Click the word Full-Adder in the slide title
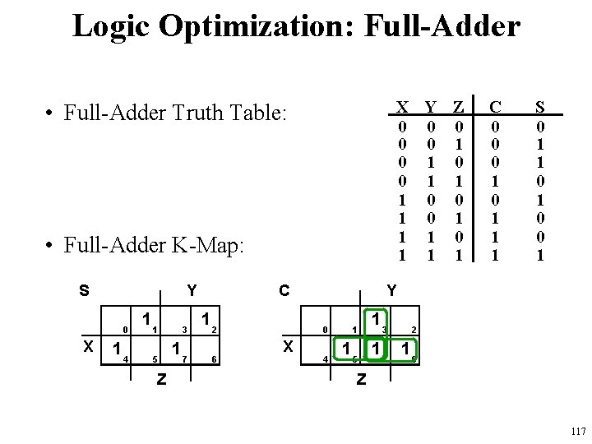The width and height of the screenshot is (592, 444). point(445,25)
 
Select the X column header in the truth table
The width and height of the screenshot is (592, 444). point(402,108)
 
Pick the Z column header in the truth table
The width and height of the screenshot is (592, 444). point(459,108)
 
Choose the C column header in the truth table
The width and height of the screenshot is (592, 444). point(495,108)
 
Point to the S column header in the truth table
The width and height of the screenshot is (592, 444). point(539,108)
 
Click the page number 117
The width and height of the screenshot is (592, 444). point(577,431)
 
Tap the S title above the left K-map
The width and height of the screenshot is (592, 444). point(85,290)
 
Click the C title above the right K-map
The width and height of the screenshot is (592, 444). point(284,290)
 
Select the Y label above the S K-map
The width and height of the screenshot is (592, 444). point(191,290)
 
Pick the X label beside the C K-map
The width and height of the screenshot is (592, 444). point(288,347)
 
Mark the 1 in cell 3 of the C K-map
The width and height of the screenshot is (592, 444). point(375,318)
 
